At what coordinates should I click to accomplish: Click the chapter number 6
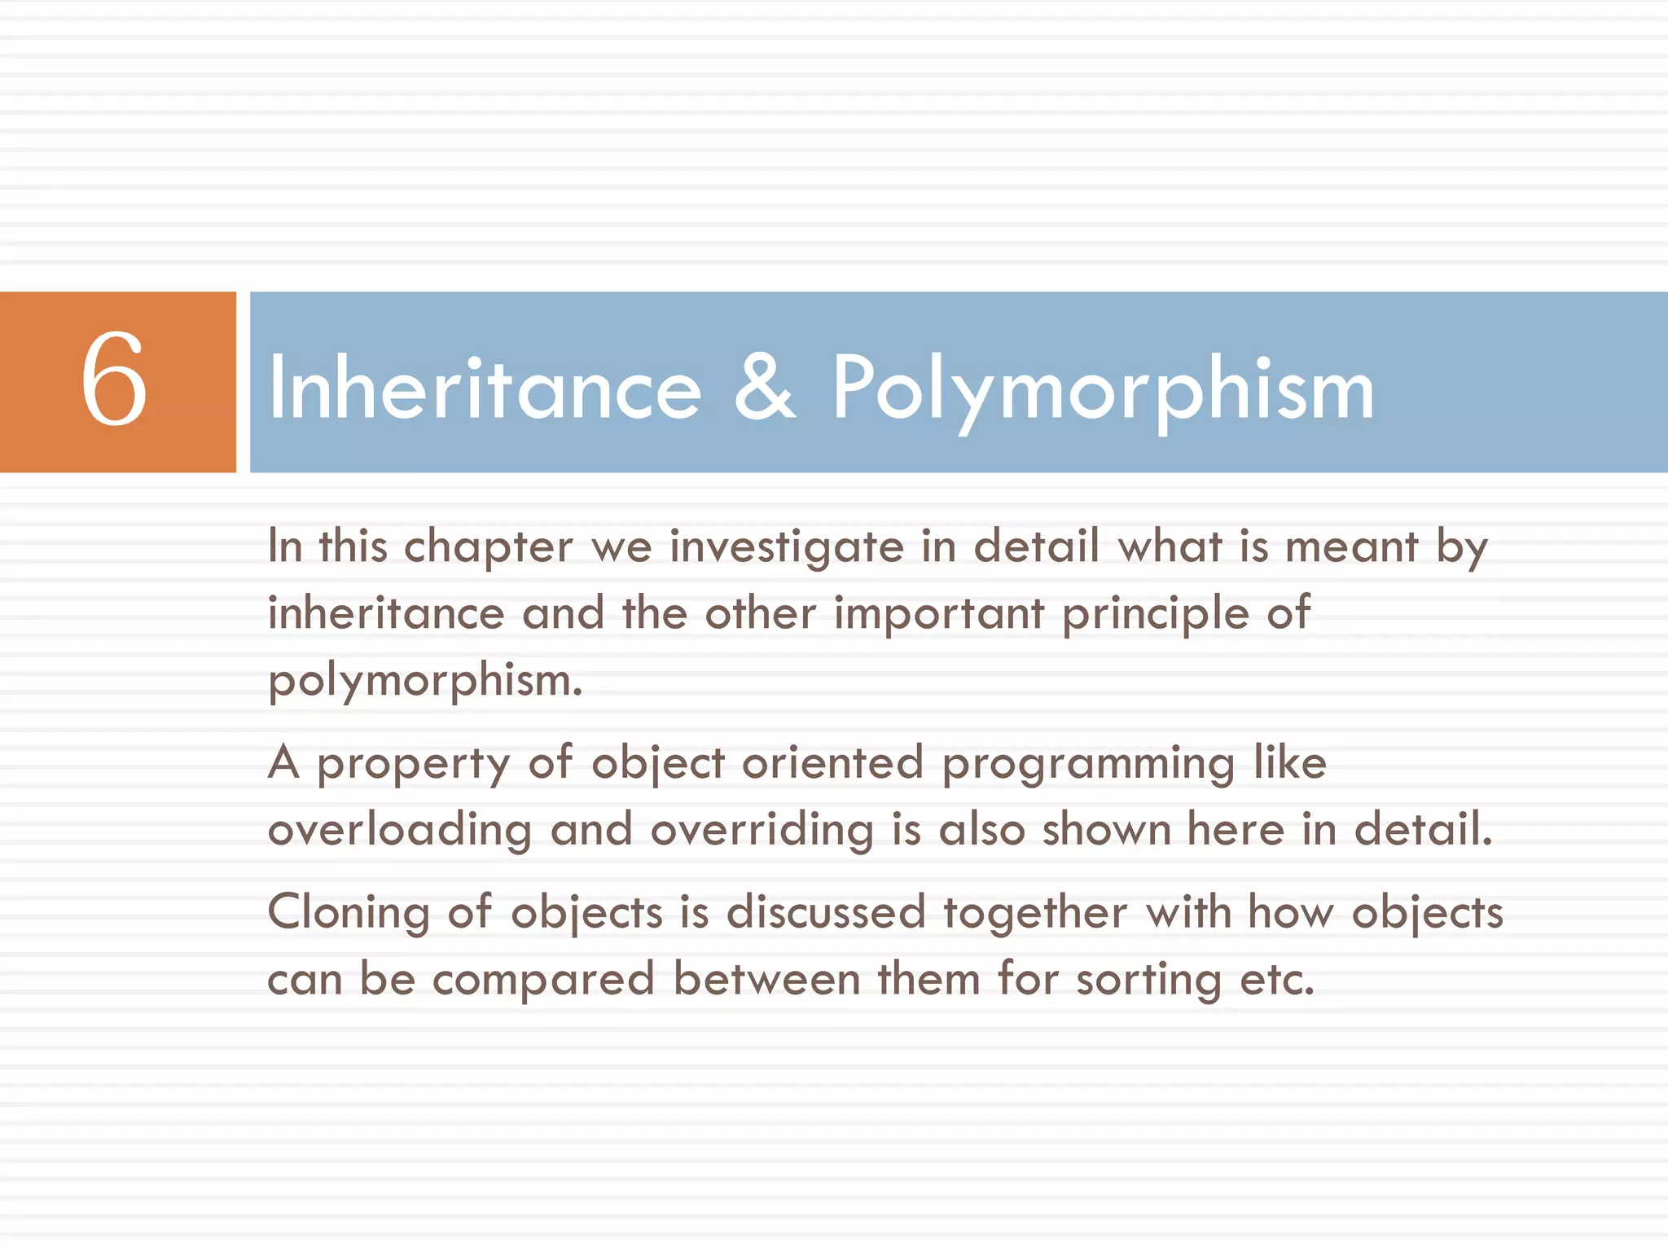click(x=114, y=380)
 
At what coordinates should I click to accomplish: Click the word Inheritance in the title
click(x=485, y=388)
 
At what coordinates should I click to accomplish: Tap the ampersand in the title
click(x=764, y=388)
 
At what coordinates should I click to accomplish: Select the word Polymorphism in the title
click(x=1103, y=390)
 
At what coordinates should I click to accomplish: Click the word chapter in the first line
click(x=488, y=546)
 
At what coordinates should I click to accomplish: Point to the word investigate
click(x=786, y=546)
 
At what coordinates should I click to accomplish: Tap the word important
click(x=938, y=614)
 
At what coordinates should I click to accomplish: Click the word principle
click(x=1155, y=614)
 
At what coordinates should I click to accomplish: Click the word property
click(x=413, y=764)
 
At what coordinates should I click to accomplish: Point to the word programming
click(x=1087, y=764)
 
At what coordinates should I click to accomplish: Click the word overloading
click(x=399, y=831)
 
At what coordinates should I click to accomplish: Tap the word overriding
click(x=762, y=831)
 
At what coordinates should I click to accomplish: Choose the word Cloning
click(x=349, y=912)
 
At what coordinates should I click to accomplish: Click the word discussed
click(x=825, y=912)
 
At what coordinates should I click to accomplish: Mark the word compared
click(x=543, y=980)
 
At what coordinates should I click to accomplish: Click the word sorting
click(x=1148, y=980)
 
